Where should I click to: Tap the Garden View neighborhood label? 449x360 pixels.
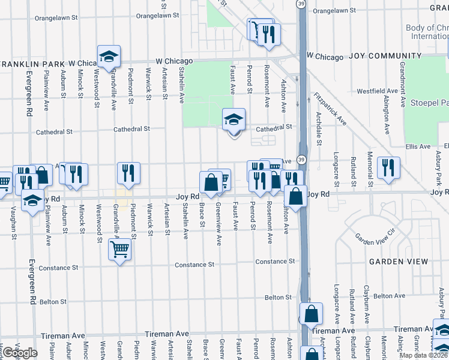[399, 262]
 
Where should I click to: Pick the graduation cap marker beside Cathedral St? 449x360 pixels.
[234, 119]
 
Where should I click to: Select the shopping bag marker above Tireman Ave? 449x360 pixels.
[311, 313]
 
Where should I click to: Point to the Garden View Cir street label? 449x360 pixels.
[376, 236]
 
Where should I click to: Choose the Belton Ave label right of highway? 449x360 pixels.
[388, 296]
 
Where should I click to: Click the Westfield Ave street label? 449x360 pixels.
[378, 91]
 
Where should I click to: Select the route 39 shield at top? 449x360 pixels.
[301, 3]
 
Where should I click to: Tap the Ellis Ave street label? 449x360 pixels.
[417, 146]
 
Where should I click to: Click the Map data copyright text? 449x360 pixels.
[424, 355]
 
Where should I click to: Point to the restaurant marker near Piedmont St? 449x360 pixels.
[128, 173]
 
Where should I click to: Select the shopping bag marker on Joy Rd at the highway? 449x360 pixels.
[296, 196]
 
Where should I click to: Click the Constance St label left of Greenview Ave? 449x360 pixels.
[194, 265]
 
